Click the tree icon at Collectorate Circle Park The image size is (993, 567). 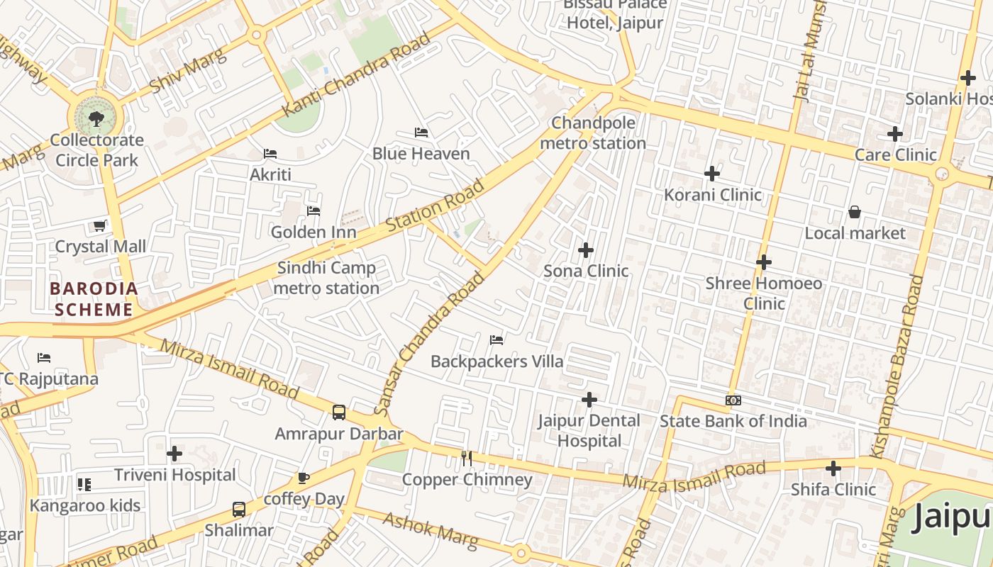(96, 118)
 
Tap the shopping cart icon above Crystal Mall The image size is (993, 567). (100, 226)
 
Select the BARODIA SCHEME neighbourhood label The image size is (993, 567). (94, 299)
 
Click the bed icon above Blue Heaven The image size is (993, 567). (421, 133)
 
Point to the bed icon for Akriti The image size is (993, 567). (270, 153)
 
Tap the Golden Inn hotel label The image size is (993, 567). (314, 232)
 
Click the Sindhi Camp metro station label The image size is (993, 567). (326, 278)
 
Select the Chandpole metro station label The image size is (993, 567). (593, 133)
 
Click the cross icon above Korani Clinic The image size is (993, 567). (712, 174)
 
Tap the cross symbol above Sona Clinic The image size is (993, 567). (586, 250)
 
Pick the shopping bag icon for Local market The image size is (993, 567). (855, 212)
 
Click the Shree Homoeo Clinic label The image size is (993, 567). (764, 293)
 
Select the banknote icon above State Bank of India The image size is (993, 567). (733, 400)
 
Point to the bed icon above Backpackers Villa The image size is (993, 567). (496, 341)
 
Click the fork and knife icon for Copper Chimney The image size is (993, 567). (467, 459)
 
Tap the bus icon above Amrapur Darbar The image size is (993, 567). (339, 412)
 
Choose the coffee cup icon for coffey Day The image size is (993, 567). (304, 478)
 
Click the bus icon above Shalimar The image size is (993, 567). (239, 510)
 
